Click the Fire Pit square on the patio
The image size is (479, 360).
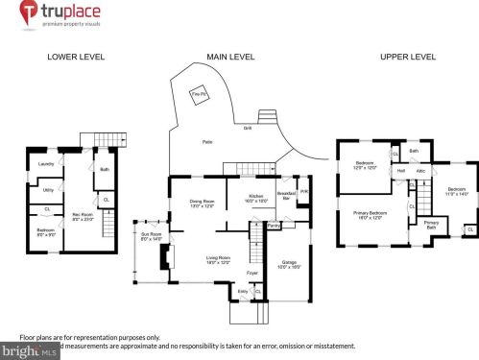click(198, 96)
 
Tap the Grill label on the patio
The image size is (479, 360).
click(247, 128)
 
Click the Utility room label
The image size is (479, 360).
click(48, 189)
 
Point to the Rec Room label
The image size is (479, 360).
click(80, 216)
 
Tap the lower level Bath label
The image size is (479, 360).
click(105, 172)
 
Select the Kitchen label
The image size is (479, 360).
click(256, 198)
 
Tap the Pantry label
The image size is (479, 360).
click(274, 226)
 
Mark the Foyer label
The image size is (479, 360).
click(251, 273)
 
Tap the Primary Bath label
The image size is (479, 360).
click(431, 225)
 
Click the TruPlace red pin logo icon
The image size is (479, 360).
click(30, 13)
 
